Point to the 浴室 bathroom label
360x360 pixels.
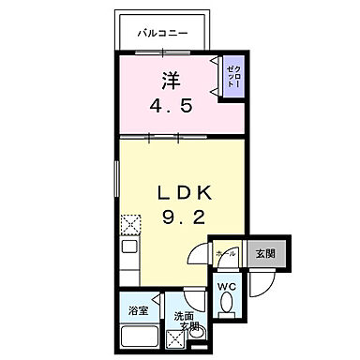[136, 309]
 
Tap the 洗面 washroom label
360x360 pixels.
[182, 319]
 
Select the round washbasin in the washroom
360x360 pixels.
[196, 336]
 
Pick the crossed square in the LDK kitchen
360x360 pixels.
[129, 224]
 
